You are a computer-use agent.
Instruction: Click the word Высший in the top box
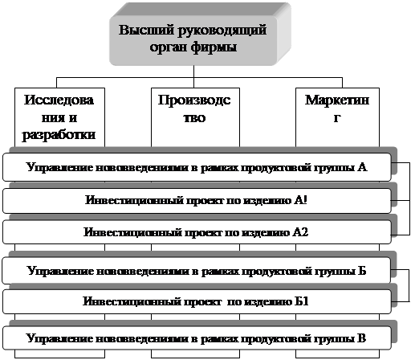coord(146,30)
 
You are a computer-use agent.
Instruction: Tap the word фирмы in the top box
coord(214,47)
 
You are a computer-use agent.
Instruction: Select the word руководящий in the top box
coord(222,31)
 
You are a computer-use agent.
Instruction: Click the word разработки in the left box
coord(59,135)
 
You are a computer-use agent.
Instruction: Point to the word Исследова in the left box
coord(59,100)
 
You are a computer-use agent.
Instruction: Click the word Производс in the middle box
coord(194,100)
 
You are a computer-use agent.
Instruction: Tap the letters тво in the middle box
coord(194,118)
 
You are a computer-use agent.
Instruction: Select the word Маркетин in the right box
coord(337,100)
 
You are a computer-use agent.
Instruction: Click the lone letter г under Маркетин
coord(337,118)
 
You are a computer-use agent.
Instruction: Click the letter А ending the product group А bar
coord(362,167)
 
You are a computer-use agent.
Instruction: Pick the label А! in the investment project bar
coord(300,200)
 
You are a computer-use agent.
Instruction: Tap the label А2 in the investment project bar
coord(300,232)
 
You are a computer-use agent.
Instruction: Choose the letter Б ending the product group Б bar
coord(362,271)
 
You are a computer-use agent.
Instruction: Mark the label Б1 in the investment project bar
coord(302,301)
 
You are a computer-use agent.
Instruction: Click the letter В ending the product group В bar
coord(361,338)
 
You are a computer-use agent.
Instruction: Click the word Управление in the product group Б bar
coord(60,272)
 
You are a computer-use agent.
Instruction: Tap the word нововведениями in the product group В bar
coord(142,339)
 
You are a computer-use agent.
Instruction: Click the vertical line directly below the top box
coord(193,76)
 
